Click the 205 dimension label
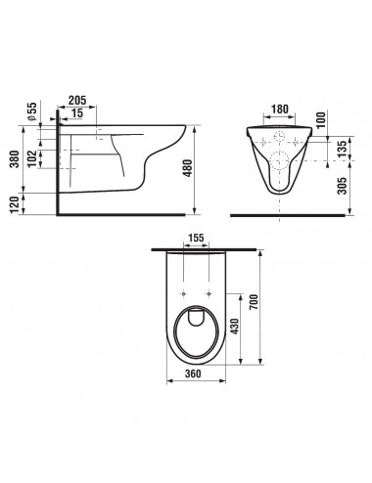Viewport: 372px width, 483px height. pyautogui.click(x=77, y=100)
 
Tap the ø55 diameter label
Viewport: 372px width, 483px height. pyautogui.click(x=31, y=111)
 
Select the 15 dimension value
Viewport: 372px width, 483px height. pyautogui.click(x=77, y=113)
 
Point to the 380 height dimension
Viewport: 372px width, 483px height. pyautogui.click(x=15, y=158)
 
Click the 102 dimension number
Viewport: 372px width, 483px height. pyautogui.click(x=32, y=158)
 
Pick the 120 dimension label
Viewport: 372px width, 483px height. pyautogui.click(x=15, y=204)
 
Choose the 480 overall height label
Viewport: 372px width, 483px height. pyautogui.click(x=187, y=168)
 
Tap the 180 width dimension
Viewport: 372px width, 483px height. pyautogui.click(x=280, y=109)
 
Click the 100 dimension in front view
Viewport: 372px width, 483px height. pyautogui.click(x=321, y=120)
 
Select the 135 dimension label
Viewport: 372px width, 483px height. pyautogui.click(x=342, y=149)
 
